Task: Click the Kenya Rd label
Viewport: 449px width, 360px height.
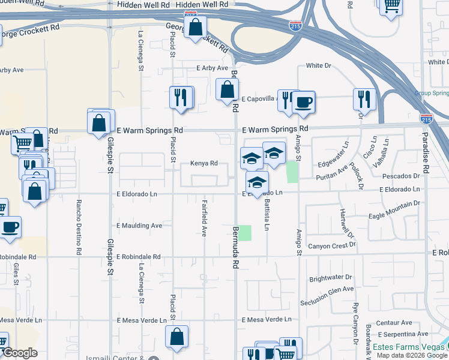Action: [203, 163]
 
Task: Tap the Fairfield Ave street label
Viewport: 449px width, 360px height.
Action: [205, 217]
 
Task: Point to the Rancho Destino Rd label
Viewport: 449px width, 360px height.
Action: [79, 227]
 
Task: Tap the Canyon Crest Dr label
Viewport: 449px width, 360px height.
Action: [332, 245]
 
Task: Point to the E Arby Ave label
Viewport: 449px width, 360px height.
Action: [212, 68]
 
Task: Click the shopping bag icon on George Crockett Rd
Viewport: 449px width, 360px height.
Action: [195, 27]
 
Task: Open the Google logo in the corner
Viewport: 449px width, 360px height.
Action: [20, 353]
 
